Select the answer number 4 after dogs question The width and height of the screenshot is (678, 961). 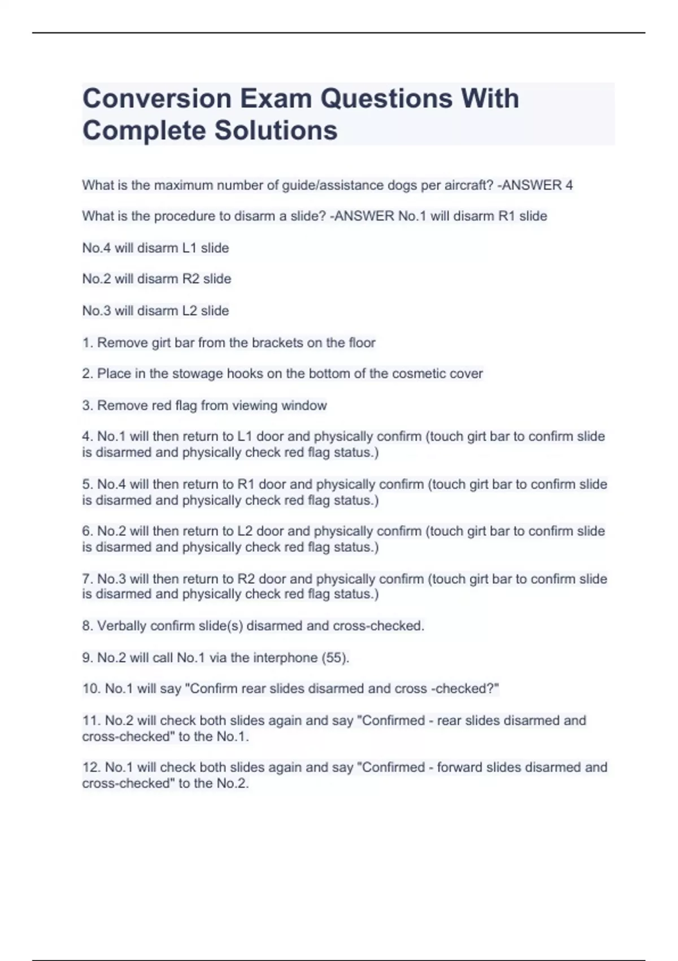569,185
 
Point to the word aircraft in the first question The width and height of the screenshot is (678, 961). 468,185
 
